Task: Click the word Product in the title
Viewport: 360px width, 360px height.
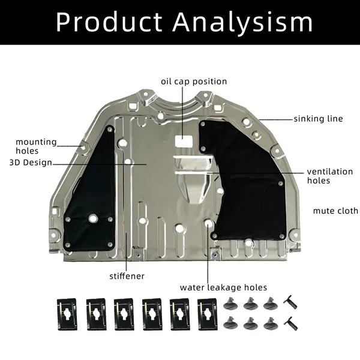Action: tap(109, 22)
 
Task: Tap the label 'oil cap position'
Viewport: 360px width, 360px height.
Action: tap(194, 82)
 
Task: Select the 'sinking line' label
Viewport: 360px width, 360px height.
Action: tap(318, 119)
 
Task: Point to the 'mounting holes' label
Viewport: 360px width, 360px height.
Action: tap(36, 146)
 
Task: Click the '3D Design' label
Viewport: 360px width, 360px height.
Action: tap(31, 163)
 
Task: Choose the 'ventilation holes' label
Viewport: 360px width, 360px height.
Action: tap(329, 176)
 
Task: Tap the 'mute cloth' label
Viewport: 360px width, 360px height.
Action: tap(335, 211)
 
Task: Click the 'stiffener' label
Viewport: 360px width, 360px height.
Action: tap(127, 276)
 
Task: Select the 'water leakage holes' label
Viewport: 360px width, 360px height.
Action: tap(223, 287)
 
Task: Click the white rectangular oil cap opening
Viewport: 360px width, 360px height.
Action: tap(184, 141)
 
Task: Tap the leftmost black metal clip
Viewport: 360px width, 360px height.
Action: tap(67, 314)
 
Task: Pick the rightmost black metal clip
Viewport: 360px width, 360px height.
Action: tap(208, 314)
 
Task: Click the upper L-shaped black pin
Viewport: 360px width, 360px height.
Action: tap(290, 302)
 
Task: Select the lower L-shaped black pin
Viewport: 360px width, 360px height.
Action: tap(291, 324)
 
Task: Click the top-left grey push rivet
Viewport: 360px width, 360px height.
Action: tap(230, 304)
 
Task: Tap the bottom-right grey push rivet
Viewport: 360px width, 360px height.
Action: tap(271, 324)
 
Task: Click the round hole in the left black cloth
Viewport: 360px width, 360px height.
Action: tap(93, 218)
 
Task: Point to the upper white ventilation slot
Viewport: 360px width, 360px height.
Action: tap(193, 157)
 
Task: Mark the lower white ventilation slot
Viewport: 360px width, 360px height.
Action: tap(194, 172)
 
